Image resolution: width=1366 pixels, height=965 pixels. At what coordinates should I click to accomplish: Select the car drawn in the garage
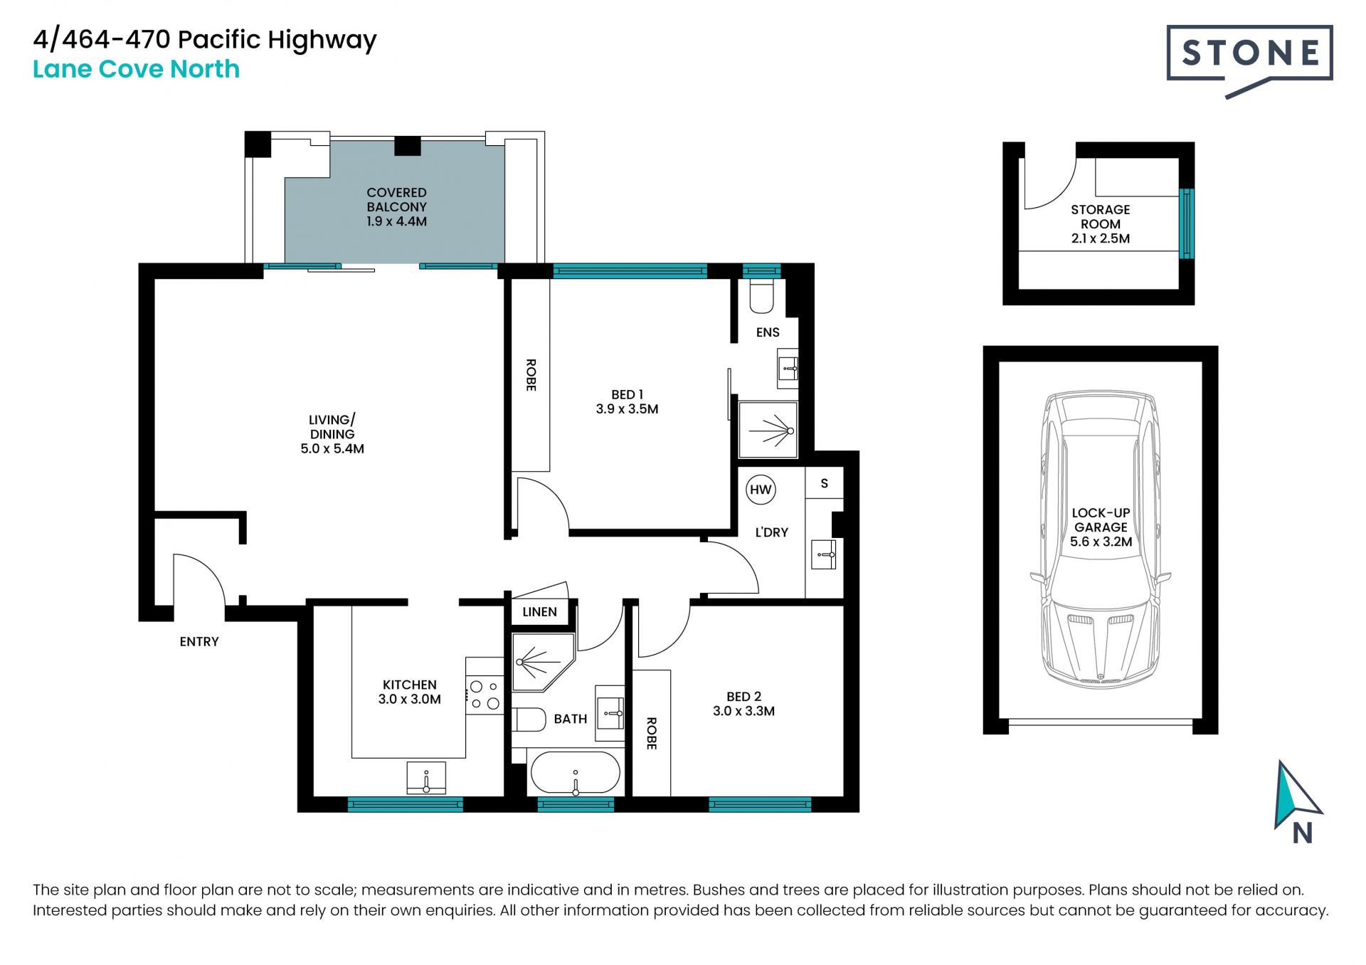click(1101, 539)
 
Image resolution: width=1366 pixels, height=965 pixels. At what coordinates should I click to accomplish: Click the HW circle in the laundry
click(761, 490)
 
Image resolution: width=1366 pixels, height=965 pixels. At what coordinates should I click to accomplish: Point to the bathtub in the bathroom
click(576, 773)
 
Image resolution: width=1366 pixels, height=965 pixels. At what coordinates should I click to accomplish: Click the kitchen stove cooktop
click(485, 695)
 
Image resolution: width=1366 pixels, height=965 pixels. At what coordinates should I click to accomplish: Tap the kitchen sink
click(426, 778)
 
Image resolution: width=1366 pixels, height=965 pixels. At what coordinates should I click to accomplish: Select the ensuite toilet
click(761, 296)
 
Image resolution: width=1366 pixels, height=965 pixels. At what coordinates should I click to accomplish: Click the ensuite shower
click(768, 430)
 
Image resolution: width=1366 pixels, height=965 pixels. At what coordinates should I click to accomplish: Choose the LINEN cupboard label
click(539, 612)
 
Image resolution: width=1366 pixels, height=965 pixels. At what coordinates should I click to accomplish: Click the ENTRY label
click(199, 642)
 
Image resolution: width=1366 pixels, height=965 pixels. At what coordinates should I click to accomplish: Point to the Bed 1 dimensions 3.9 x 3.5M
click(627, 409)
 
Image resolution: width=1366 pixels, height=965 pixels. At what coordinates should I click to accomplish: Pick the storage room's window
click(1187, 223)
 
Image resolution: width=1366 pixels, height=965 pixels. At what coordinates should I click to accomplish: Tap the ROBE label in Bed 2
click(651, 733)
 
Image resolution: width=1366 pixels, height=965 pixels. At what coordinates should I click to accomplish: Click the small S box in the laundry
click(825, 483)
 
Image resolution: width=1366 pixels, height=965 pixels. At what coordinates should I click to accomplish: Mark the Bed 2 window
click(760, 805)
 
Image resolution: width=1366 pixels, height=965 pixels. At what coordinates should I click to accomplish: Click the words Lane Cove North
click(137, 69)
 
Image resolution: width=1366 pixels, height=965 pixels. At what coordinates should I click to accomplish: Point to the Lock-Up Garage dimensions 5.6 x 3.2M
click(1101, 542)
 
